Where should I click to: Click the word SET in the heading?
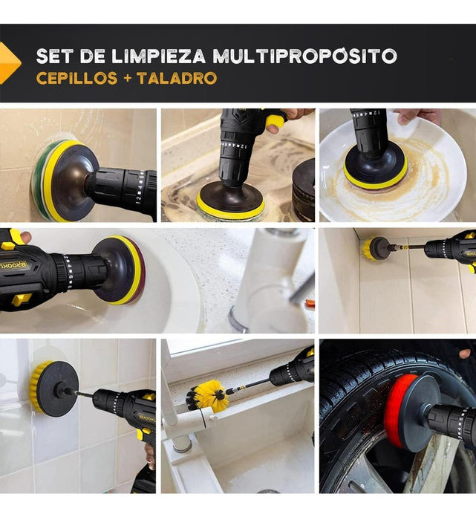click(x=55, y=56)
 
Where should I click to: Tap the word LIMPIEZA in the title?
click(x=159, y=56)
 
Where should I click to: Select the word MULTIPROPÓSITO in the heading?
click(x=305, y=56)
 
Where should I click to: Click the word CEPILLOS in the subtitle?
click(x=76, y=78)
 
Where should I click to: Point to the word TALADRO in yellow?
click(x=177, y=78)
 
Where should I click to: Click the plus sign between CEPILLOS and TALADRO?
click(x=127, y=79)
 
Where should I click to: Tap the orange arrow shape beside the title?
click(x=9, y=62)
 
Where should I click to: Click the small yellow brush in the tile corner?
click(x=367, y=249)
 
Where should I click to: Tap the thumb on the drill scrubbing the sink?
click(x=25, y=237)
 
